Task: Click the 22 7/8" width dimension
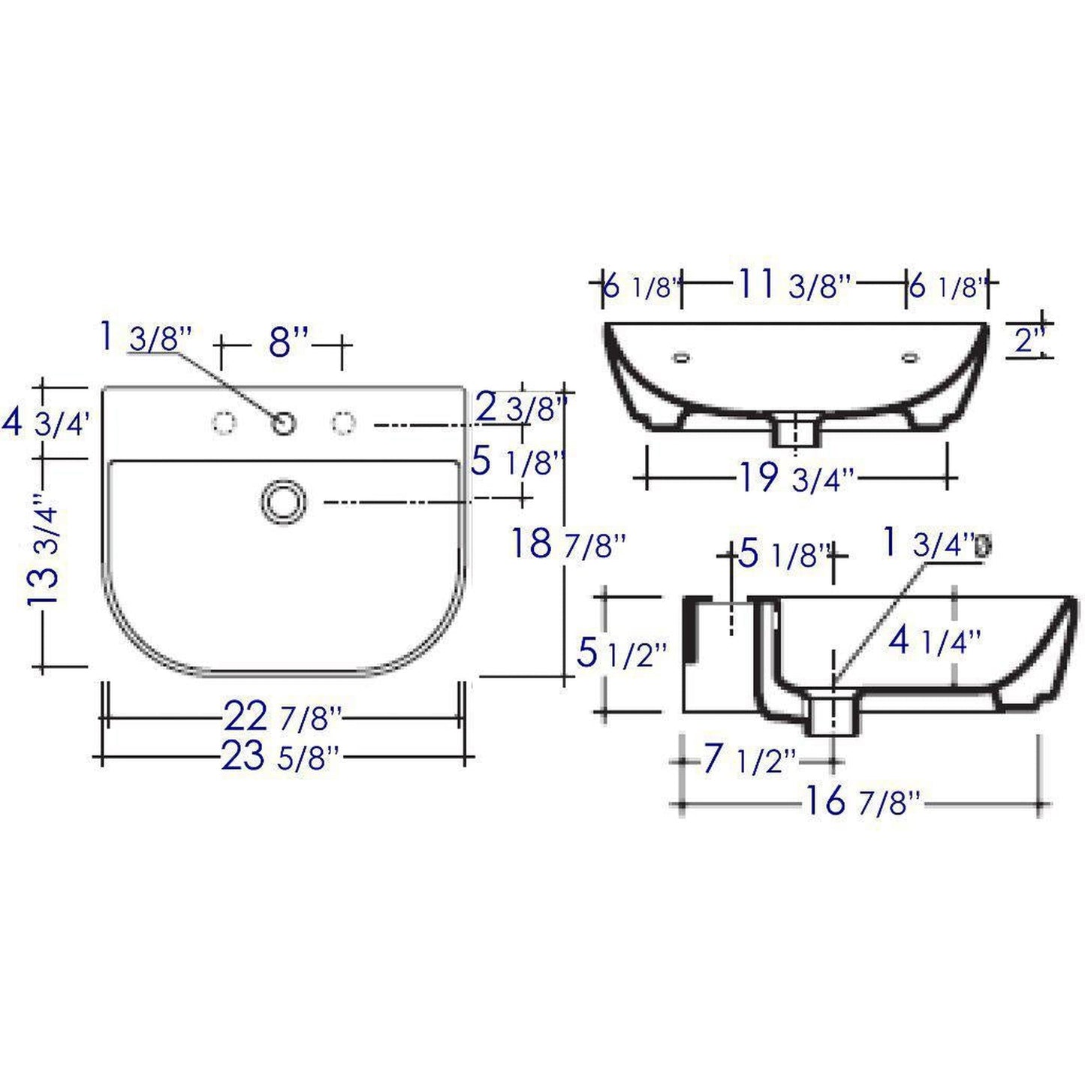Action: tap(282, 718)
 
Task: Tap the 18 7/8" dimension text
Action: tap(568, 543)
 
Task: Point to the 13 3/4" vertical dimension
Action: tap(44, 554)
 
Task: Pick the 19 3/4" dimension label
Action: tap(797, 478)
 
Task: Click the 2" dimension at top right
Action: tap(1025, 342)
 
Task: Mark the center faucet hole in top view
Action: tap(284, 424)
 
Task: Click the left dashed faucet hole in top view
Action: tap(223, 423)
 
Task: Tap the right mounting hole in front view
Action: tap(911, 358)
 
